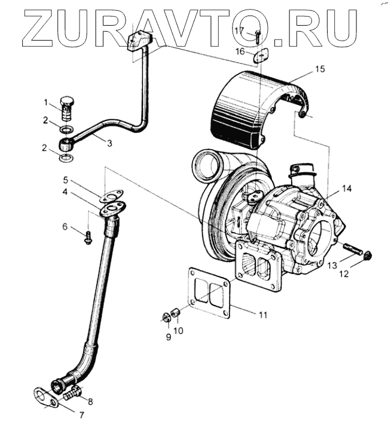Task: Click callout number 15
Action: pos(320,69)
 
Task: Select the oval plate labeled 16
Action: pos(259,57)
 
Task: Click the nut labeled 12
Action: pos(368,255)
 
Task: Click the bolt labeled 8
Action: pos(74,393)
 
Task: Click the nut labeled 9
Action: pos(167,316)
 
